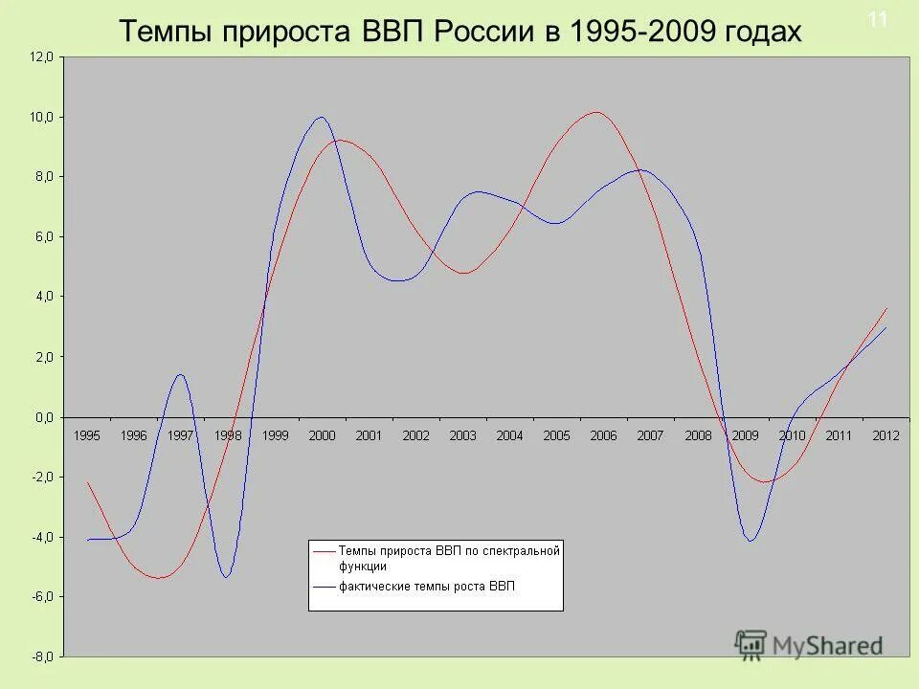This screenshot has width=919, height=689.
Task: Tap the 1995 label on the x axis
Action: pos(86,435)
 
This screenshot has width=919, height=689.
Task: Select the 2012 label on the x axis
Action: pos(885,435)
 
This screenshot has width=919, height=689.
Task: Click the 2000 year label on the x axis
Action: pos(322,435)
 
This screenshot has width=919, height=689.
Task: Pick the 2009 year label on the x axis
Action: pos(745,435)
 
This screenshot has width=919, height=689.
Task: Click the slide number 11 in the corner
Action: pos(877,19)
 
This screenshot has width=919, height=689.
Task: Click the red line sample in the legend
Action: pos(324,551)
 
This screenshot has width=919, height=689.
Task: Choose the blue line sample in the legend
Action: pos(324,587)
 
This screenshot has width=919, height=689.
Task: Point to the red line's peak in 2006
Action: pos(596,112)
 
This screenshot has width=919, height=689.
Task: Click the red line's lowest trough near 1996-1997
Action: pos(159,578)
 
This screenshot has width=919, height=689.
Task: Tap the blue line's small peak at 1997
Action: pos(180,375)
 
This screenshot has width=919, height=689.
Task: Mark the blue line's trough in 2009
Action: pos(751,541)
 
